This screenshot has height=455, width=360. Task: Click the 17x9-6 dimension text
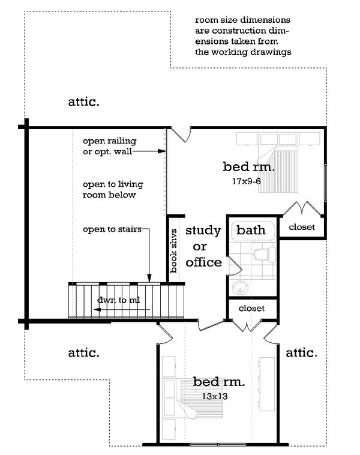[246, 181]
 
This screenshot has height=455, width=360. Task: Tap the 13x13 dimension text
[215, 396]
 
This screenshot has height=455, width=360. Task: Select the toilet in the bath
[264, 255]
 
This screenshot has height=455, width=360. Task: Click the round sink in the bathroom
[240, 288]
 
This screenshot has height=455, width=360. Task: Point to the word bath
[251, 230]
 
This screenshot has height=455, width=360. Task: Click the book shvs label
[173, 251]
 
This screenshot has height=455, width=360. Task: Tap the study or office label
[203, 246]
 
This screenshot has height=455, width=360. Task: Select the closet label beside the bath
[302, 227]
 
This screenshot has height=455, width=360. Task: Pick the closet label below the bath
[251, 308]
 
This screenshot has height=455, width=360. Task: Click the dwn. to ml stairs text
[118, 300]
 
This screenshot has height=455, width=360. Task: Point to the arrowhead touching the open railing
[161, 151]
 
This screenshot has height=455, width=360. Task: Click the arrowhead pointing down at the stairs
[149, 279]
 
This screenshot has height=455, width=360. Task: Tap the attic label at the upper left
[83, 102]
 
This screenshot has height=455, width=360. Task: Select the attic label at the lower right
[301, 353]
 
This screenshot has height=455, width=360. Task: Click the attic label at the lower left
[83, 353]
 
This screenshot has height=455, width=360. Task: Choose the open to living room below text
[113, 190]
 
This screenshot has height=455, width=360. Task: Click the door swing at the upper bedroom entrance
[181, 134]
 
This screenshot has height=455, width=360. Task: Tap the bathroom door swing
[236, 264]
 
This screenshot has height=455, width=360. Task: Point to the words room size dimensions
[242, 20]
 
